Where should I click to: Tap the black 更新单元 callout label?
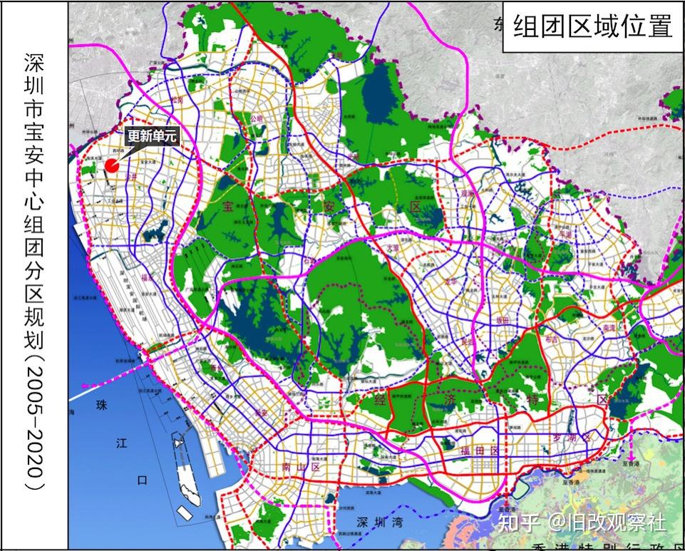tap(150, 135)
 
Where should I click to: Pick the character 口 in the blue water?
tap(143, 480)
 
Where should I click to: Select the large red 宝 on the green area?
tap(227, 207)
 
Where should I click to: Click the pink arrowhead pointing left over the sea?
tap(85, 386)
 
